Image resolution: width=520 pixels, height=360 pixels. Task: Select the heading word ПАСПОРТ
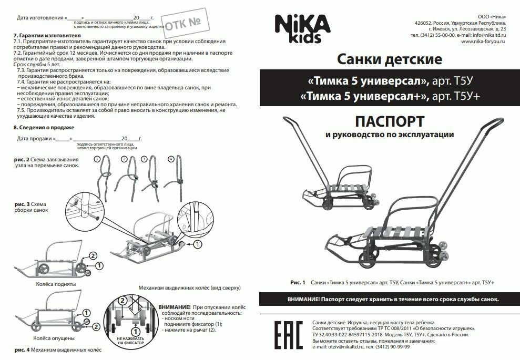390,121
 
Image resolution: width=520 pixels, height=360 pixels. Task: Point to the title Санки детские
389,58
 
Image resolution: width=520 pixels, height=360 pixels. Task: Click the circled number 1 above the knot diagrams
97,159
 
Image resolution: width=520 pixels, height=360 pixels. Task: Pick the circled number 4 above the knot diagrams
170,159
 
